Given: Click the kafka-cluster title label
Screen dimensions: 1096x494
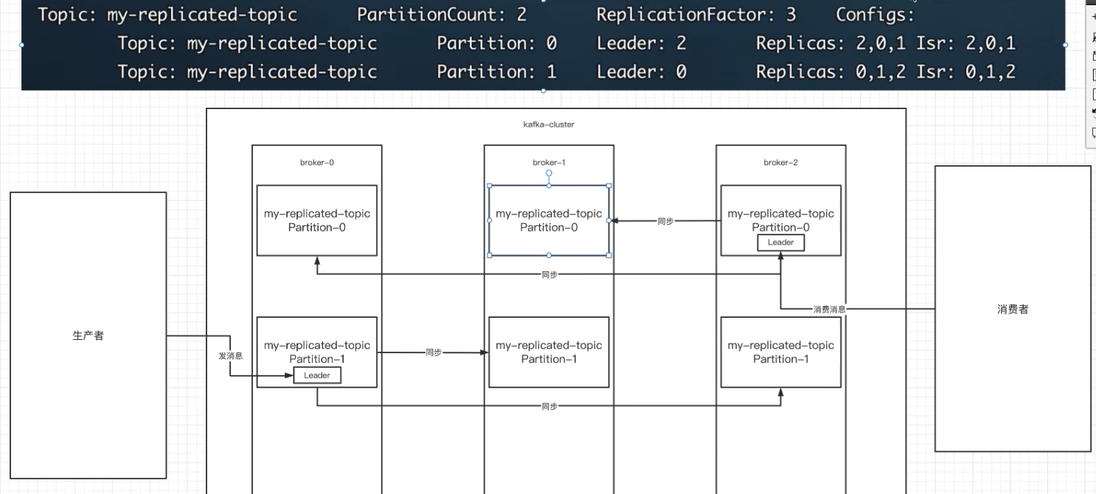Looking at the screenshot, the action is [x=549, y=124].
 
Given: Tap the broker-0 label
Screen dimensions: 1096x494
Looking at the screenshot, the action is [x=317, y=162].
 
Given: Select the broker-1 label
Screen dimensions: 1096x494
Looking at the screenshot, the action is [x=549, y=162].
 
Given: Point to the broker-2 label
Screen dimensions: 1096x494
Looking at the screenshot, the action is [x=781, y=162].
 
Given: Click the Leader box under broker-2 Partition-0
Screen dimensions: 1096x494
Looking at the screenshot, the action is [x=781, y=243].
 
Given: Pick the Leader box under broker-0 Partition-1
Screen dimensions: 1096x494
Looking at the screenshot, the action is [x=317, y=375].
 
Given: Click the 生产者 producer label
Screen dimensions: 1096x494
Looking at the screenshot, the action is [x=88, y=335].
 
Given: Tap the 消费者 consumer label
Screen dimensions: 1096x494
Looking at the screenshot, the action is [x=1013, y=309].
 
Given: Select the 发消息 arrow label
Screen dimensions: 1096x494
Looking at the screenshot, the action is [x=230, y=355].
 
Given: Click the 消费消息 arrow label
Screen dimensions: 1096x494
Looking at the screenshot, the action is [x=829, y=309].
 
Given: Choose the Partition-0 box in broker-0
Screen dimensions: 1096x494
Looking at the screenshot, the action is [x=317, y=220].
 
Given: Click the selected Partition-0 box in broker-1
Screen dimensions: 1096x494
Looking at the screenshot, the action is [x=549, y=220].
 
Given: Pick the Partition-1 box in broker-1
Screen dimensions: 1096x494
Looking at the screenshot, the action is [x=549, y=352].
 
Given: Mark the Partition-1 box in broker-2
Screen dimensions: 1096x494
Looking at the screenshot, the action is [x=781, y=352].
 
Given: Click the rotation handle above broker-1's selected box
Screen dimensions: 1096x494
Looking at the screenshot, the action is [x=549, y=173].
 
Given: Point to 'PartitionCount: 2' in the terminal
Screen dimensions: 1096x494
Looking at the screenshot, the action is [x=442, y=15].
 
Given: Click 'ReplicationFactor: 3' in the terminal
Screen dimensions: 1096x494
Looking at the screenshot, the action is [x=696, y=15].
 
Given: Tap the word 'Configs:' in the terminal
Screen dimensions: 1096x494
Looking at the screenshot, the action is [x=875, y=15].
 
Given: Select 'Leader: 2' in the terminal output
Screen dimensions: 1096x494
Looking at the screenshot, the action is [x=641, y=43].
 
